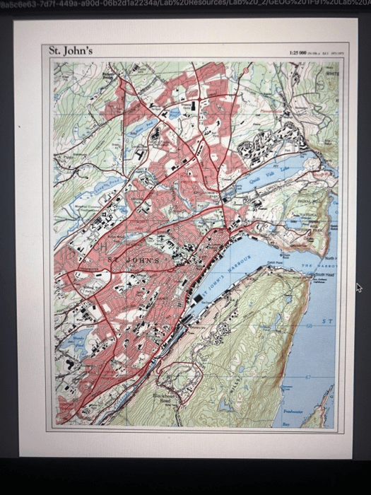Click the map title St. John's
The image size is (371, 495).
coord(71,51)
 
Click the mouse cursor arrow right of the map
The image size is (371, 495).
coord(358,287)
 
